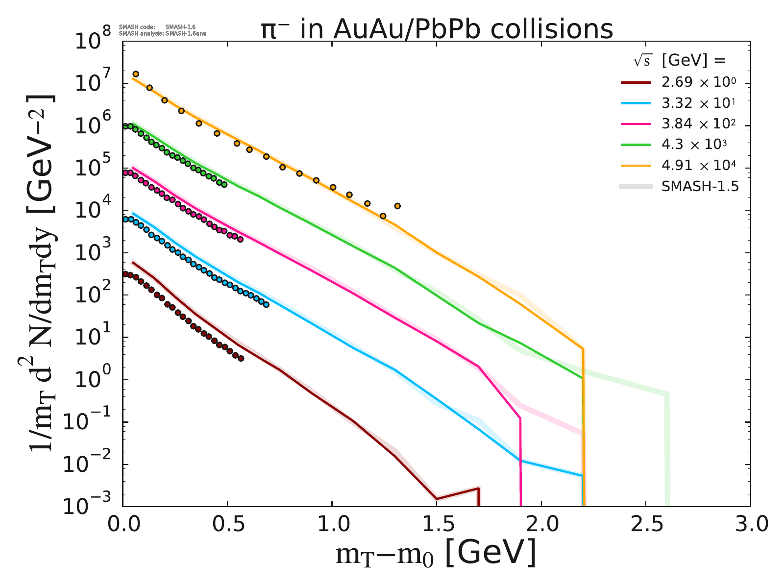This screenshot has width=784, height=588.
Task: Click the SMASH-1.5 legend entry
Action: [700, 187]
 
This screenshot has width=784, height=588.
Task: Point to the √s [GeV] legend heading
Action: [679, 61]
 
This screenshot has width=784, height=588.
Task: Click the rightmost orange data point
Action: [397, 206]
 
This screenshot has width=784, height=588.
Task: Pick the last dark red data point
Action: [241, 358]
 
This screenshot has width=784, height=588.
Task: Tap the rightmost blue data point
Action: [266, 304]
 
